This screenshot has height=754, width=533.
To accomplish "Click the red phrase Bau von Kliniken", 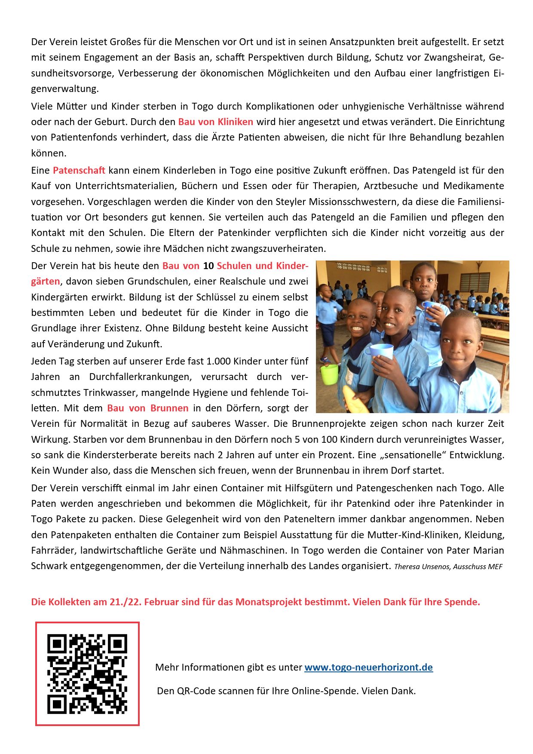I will coord(215,122).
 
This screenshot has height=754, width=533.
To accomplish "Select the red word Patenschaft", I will coord(79,170).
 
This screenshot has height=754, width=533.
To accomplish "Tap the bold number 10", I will coord(208,266).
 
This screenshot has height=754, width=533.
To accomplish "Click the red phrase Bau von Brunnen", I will coord(147,408).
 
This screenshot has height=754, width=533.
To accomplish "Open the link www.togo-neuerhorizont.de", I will coord(368,667).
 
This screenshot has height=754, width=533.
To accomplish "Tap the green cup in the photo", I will coord(330,374).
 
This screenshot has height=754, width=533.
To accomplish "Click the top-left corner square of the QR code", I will coord(57,644).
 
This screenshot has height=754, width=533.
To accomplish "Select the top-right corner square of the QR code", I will coord(118,644).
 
